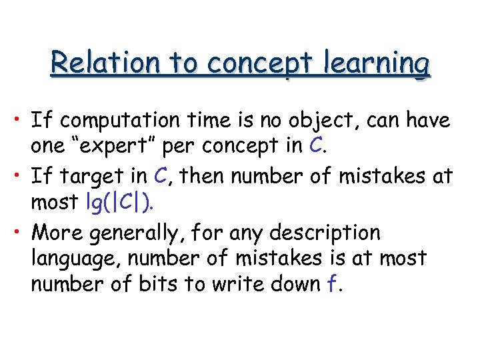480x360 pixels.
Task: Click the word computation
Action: pos(121,121)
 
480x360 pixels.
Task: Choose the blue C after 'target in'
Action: pos(159,177)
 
